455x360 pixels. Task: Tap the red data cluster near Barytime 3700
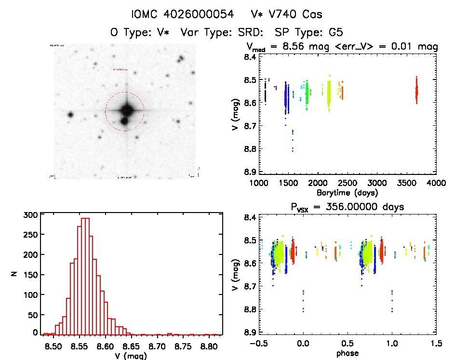click(416, 90)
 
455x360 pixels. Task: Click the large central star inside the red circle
click(126, 110)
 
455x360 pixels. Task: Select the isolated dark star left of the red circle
click(70, 115)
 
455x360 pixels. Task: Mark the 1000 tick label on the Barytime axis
click(259, 183)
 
